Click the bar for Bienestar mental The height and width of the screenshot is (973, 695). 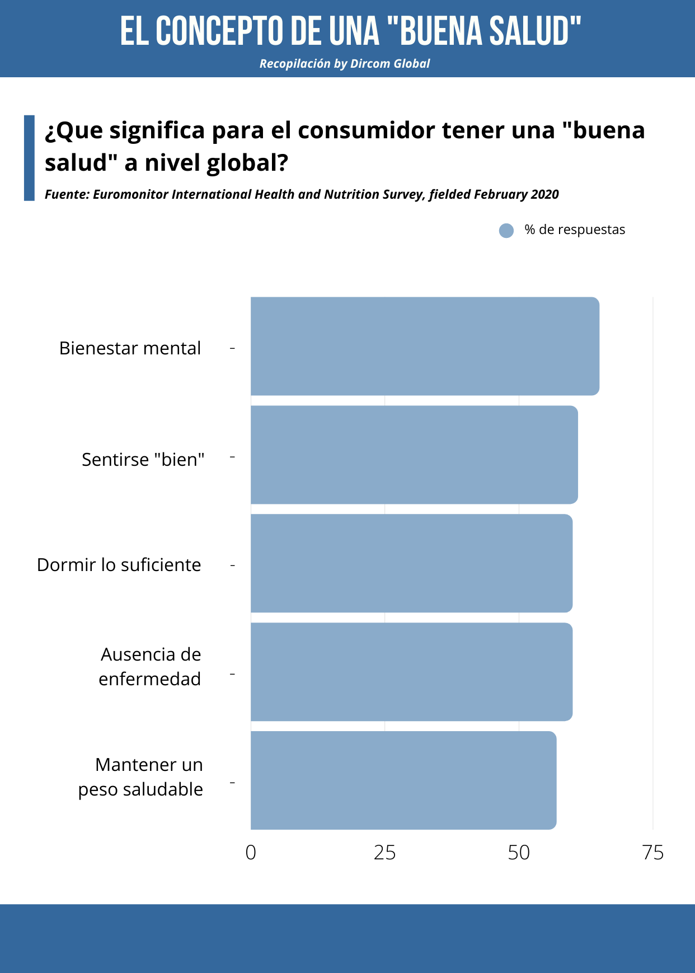[425, 346]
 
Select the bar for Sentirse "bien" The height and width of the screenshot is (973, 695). [414, 455]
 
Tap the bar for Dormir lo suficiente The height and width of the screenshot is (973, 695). [411, 563]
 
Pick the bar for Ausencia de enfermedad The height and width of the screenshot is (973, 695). [411, 672]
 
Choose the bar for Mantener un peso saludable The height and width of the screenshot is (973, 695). [403, 780]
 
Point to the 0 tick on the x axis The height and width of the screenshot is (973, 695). [251, 853]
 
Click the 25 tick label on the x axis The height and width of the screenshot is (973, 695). [384, 853]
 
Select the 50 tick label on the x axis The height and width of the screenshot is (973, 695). [519, 853]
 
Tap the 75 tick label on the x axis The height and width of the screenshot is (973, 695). [653, 853]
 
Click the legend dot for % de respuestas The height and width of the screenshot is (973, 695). [506, 231]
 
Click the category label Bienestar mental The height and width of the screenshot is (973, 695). [130, 348]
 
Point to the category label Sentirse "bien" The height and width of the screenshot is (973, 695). [143, 460]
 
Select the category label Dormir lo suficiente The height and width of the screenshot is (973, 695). [119, 565]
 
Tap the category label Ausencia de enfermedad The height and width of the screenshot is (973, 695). [150, 667]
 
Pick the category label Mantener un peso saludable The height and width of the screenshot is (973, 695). [141, 777]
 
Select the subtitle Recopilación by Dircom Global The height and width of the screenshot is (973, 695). [345, 64]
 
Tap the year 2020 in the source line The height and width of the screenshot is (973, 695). [544, 194]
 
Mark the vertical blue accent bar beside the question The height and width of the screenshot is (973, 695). [29, 158]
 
